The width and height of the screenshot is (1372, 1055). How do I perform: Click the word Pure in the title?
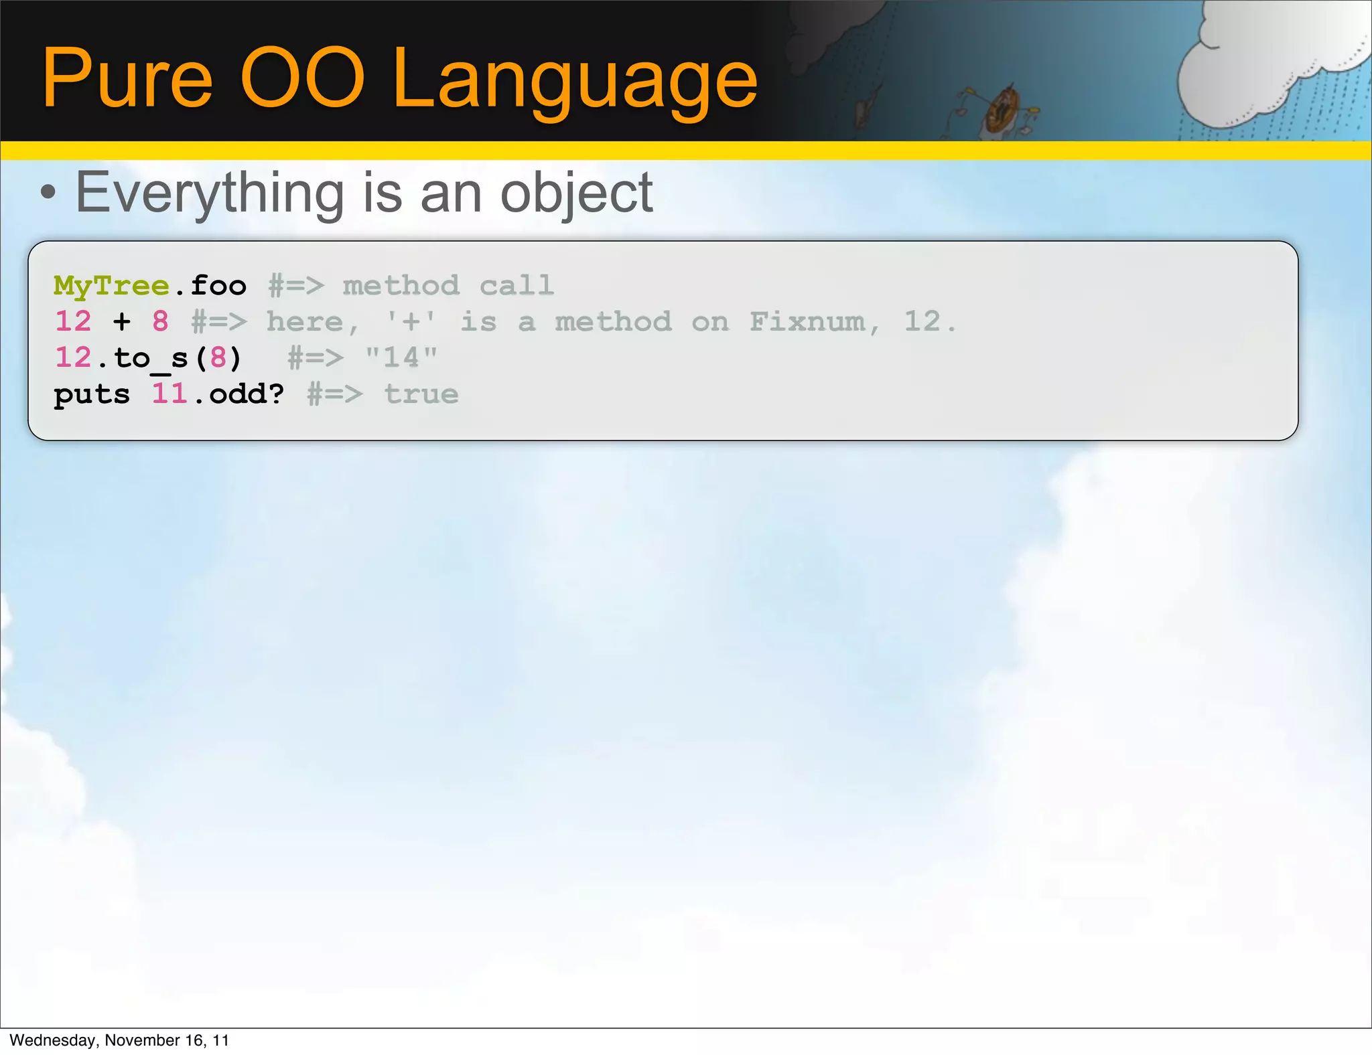(127, 79)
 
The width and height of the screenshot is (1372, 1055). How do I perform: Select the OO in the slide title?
(302, 79)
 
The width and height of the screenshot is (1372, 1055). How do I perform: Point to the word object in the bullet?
(576, 194)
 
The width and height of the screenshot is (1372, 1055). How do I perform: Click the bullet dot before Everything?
(48, 193)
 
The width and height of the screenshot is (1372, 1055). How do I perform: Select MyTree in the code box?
(111, 287)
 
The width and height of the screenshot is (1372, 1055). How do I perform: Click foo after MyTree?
(218, 287)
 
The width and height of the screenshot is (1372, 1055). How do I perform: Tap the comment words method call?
(448, 287)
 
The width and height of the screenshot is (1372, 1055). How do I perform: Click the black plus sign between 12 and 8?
(121, 322)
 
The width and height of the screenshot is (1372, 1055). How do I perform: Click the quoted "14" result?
(401, 358)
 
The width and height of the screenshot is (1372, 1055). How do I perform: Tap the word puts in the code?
(92, 395)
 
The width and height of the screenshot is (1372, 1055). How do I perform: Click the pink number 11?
(169, 394)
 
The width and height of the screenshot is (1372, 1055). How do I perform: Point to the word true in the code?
(421, 394)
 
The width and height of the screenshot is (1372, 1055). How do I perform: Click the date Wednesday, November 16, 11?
(119, 1040)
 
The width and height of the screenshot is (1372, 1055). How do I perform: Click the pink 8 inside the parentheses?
(218, 358)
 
